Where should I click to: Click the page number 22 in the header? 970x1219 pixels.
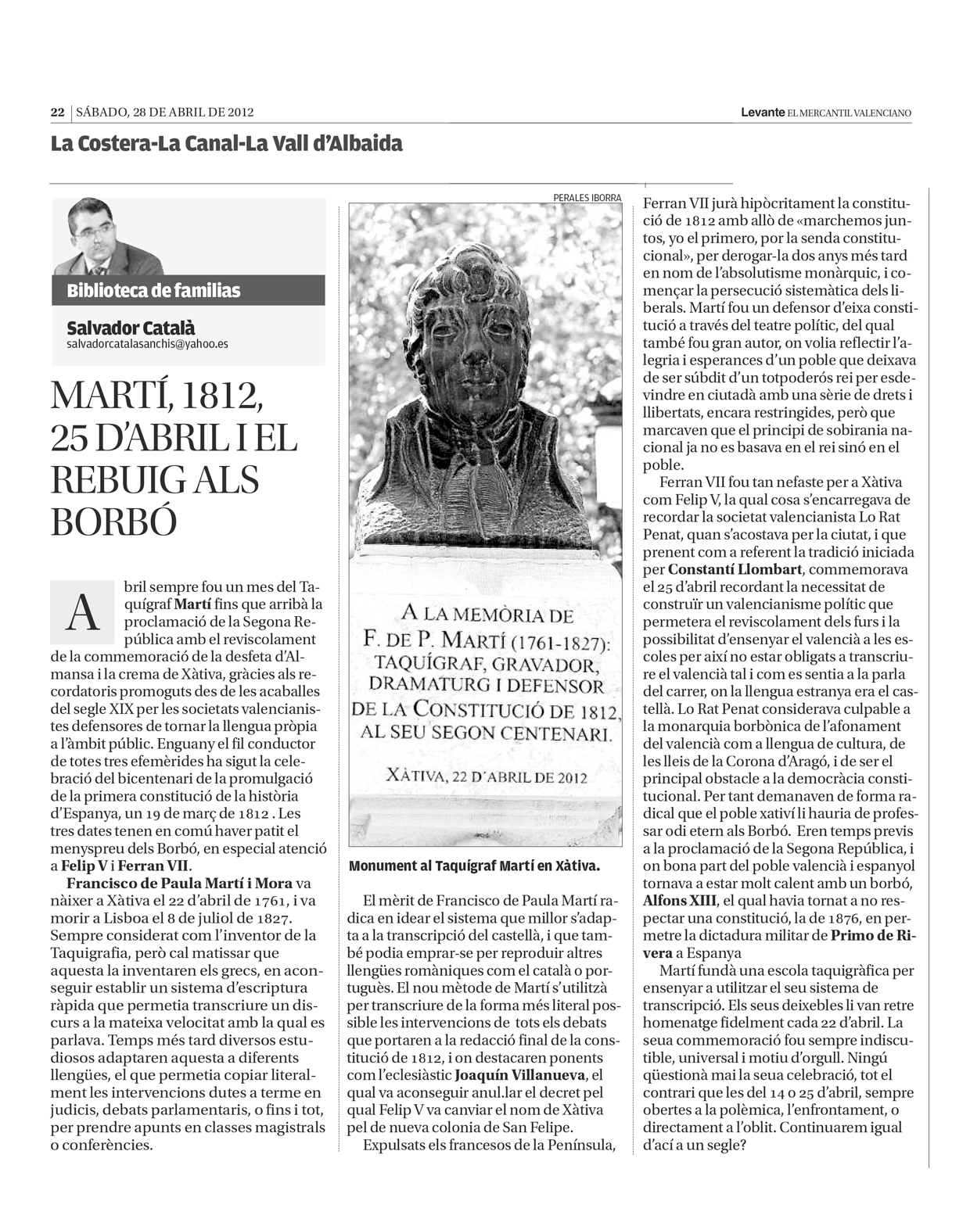(57, 113)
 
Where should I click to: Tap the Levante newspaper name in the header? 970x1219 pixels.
(763, 113)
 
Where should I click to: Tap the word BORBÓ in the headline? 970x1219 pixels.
(113, 522)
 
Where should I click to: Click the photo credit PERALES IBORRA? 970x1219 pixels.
(587, 198)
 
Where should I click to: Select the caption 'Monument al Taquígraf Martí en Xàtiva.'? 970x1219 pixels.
(474, 867)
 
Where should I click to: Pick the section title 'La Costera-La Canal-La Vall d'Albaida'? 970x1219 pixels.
(227, 144)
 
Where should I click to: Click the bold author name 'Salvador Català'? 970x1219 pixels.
(131, 328)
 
